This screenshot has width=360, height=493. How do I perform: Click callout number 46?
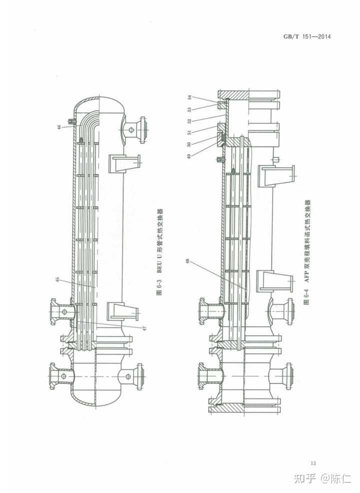tap(59, 127)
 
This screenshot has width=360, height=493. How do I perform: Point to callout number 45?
tap(58, 279)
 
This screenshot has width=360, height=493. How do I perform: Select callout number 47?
tap(145, 328)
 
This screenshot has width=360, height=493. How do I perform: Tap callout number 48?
tap(188, 261)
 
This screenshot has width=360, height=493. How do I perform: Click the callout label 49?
tap(188, 156)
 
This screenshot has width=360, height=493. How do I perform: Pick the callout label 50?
tap(188, 144)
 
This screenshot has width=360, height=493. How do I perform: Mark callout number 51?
tap(189, 132)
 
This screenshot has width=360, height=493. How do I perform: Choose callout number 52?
tap(189, 120)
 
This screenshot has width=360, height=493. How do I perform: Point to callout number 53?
tap(189, 109)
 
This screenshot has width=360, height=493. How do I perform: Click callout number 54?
tap(189, 97)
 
